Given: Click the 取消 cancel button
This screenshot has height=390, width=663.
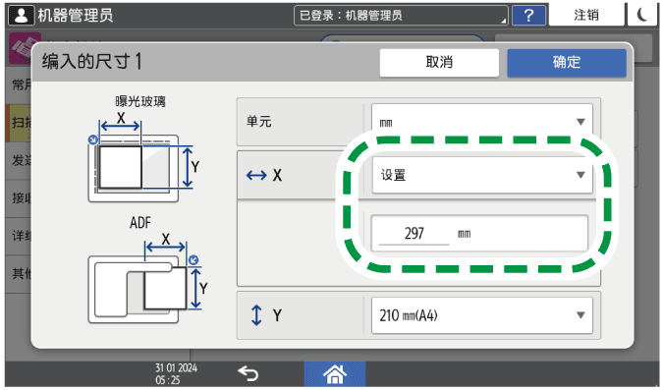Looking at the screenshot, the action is (438, 62).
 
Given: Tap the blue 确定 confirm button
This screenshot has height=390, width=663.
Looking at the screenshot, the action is (566, 62).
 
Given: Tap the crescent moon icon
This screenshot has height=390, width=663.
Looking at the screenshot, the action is (644, 15).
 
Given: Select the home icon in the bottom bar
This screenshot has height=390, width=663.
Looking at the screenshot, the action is (333, 373).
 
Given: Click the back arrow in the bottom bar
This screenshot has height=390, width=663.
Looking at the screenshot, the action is (249, 373).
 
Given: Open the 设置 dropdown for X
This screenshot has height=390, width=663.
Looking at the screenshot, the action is (481, 176).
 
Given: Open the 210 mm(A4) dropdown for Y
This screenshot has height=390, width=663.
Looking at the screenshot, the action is (481, 315).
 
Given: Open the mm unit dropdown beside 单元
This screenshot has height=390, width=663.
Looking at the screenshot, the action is (481, 122).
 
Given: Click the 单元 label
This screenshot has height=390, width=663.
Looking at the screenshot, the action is (259, 122).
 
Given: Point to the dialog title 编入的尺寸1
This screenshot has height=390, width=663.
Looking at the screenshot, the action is (92, 61).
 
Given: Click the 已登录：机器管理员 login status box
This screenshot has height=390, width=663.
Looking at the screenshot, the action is (402, 15).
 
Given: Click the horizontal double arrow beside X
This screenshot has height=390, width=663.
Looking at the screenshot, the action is (256, 176).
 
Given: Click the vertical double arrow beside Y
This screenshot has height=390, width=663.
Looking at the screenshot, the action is (256, 315).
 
